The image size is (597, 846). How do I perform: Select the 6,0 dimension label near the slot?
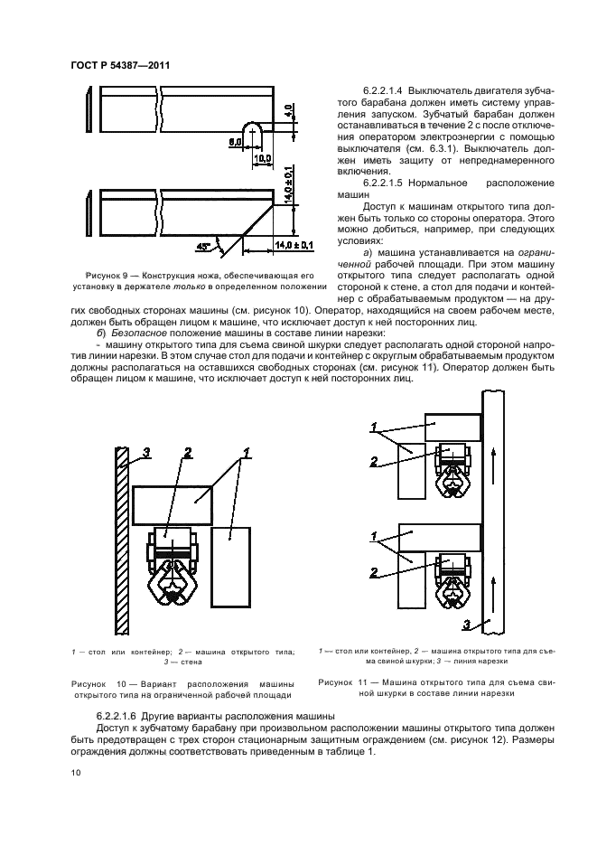tap(233, 141)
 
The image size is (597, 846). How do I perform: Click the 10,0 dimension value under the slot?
tap(263, 159)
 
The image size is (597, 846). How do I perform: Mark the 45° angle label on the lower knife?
tap(204, 243)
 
